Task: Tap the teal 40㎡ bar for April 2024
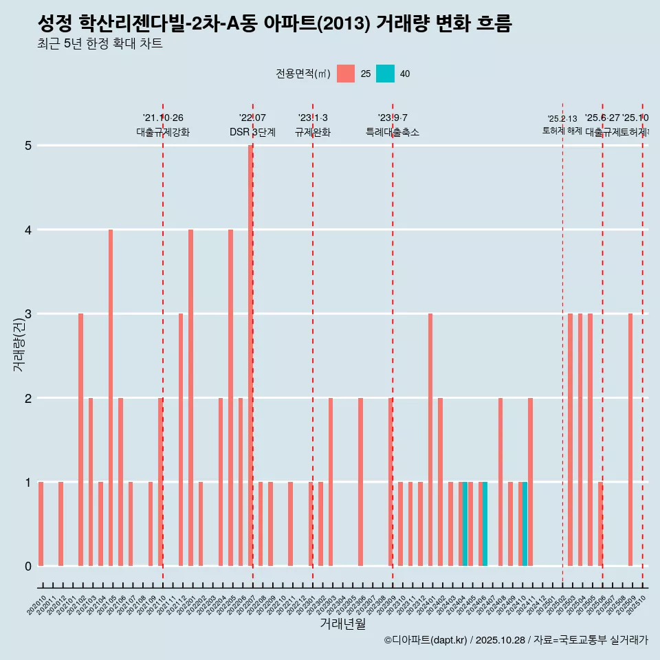click(x=465, y=524)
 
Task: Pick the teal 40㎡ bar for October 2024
click(x=525, y=524)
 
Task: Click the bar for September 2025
click(x=630, y=439)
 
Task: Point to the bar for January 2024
click(x=430, y=439)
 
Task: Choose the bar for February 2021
click(x=80, y=439)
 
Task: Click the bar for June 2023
click(x=360, y=481)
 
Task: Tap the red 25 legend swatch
click(x=346, y=74)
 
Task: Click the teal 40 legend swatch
click(x=386, y=74)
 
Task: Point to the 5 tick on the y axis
click(x=28, y=146)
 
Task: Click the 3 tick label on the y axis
click(x=28, y=314)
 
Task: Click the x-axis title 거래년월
click(x=342, y=624)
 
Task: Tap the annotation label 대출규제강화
click(x=163, y=133)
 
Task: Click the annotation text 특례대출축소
click(x=392, y=133)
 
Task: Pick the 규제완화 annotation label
click(x=313, y=133)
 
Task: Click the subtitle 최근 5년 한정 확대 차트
click(x=100, y=45)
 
